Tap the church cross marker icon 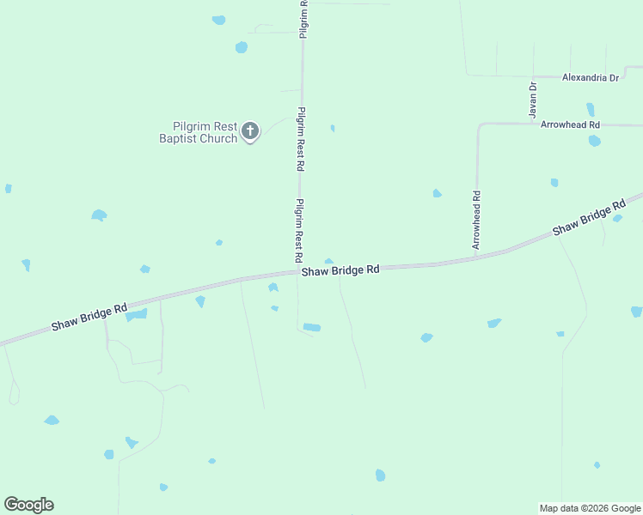point(250,131)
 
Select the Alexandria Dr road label point(590,77)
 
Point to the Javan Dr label point(533,100)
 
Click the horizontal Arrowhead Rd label point(570,124)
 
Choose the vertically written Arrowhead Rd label point(475,221)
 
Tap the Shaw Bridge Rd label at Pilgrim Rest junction point(340,270)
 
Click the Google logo point(28,505)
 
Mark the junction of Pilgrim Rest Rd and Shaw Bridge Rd point(299,273)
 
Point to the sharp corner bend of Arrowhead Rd point(480,125)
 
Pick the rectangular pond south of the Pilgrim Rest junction point(311,327)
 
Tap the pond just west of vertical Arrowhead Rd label point(437,193)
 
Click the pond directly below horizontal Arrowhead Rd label point(594,141)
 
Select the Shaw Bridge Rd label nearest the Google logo point(89,316)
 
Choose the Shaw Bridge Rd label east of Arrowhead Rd point(589,219)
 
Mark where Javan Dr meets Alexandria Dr point(533,76)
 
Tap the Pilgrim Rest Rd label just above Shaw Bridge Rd point(299,230)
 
